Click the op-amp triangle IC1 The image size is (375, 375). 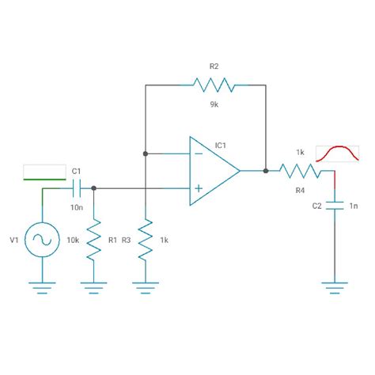[x=212, y=170]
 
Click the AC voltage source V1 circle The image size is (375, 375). [x=41, y=238]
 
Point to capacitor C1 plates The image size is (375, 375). [x=77, y=188]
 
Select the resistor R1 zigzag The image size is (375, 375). [x=93, y=239]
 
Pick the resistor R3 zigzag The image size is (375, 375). [x=145, y=239]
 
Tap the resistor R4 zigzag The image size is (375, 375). [x=299, y=170]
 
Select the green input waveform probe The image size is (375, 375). [x=44, y=172]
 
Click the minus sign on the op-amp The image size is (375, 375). [x=198, y=153]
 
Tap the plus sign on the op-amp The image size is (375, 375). [x=198, y=188]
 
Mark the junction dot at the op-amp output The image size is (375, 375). [x=266, y=170]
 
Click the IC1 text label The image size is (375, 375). [x=221, y=145]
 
